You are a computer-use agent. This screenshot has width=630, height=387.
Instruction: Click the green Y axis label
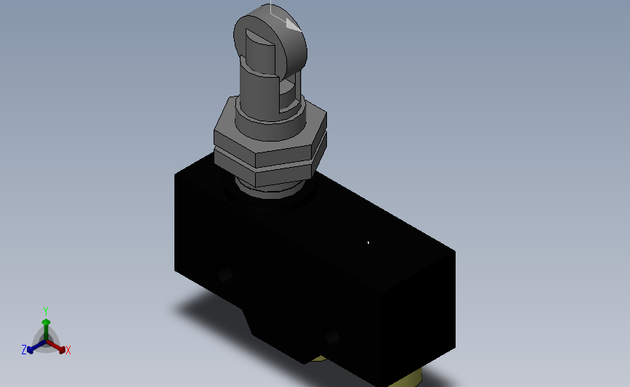[45, 311]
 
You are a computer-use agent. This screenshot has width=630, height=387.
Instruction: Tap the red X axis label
[68, 350]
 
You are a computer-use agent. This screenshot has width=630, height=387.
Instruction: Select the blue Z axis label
[24, 350]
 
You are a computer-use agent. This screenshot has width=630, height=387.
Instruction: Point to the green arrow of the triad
[46, 329]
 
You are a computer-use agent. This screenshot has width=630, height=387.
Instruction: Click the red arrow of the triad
[55, 346]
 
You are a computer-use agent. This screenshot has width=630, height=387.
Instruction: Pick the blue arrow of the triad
[36, 347]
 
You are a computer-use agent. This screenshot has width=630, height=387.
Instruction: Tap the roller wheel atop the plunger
[270, 40]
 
